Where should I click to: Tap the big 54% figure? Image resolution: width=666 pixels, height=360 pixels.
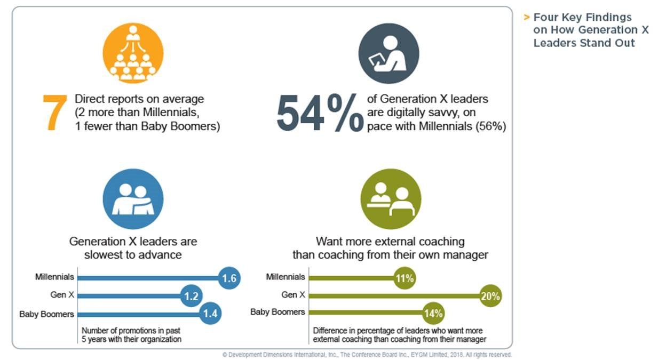319,113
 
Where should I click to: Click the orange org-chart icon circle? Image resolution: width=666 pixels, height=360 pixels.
133,54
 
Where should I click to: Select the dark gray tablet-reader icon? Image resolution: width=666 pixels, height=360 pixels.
388,54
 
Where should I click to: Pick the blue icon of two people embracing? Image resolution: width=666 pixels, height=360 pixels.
133,199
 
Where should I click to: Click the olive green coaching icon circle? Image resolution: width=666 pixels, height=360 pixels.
391,199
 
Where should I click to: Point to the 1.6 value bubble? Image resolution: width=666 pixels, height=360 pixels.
230,278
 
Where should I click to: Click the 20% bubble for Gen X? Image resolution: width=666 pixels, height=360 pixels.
490,296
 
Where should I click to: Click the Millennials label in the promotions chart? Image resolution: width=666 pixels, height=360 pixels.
54,277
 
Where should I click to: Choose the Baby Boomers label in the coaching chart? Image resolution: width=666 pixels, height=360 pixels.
277,312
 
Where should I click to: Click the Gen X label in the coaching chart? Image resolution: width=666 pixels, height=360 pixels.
293,294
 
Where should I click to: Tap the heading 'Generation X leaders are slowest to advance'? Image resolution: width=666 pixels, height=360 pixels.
133,248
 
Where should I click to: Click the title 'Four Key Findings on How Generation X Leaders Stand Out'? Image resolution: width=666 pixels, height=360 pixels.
590,30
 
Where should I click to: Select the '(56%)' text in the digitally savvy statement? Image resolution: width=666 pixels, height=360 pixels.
489,127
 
